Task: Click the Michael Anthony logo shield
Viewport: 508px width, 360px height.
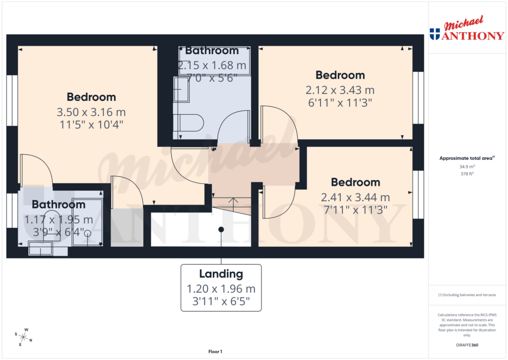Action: pos(435,34)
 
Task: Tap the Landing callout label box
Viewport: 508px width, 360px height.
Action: pos(221,288)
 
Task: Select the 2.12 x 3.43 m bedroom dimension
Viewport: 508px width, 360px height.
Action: pos(340,90)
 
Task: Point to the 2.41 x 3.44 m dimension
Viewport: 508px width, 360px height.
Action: pos(355,197)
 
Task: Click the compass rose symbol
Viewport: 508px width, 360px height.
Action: pos(23,337)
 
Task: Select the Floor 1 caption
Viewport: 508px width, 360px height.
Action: pos(215,352)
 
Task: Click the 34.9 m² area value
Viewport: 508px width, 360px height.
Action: pos(467,167)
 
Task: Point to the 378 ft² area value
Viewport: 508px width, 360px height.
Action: pos(467,174)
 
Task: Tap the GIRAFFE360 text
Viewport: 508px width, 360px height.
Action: pos(467,345)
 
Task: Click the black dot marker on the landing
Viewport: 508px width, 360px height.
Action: pos(221,229)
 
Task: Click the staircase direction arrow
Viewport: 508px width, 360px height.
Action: pos(232,201)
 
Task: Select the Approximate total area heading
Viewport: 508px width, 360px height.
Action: pos(467,158)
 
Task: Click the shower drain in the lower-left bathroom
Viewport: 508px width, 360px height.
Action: pos(88,232)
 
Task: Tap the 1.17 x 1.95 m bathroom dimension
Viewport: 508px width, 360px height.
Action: pos(59,219)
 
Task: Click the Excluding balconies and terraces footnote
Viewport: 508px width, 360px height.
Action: pos(467,295)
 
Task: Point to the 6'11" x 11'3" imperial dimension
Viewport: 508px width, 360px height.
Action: pos(340,102)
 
